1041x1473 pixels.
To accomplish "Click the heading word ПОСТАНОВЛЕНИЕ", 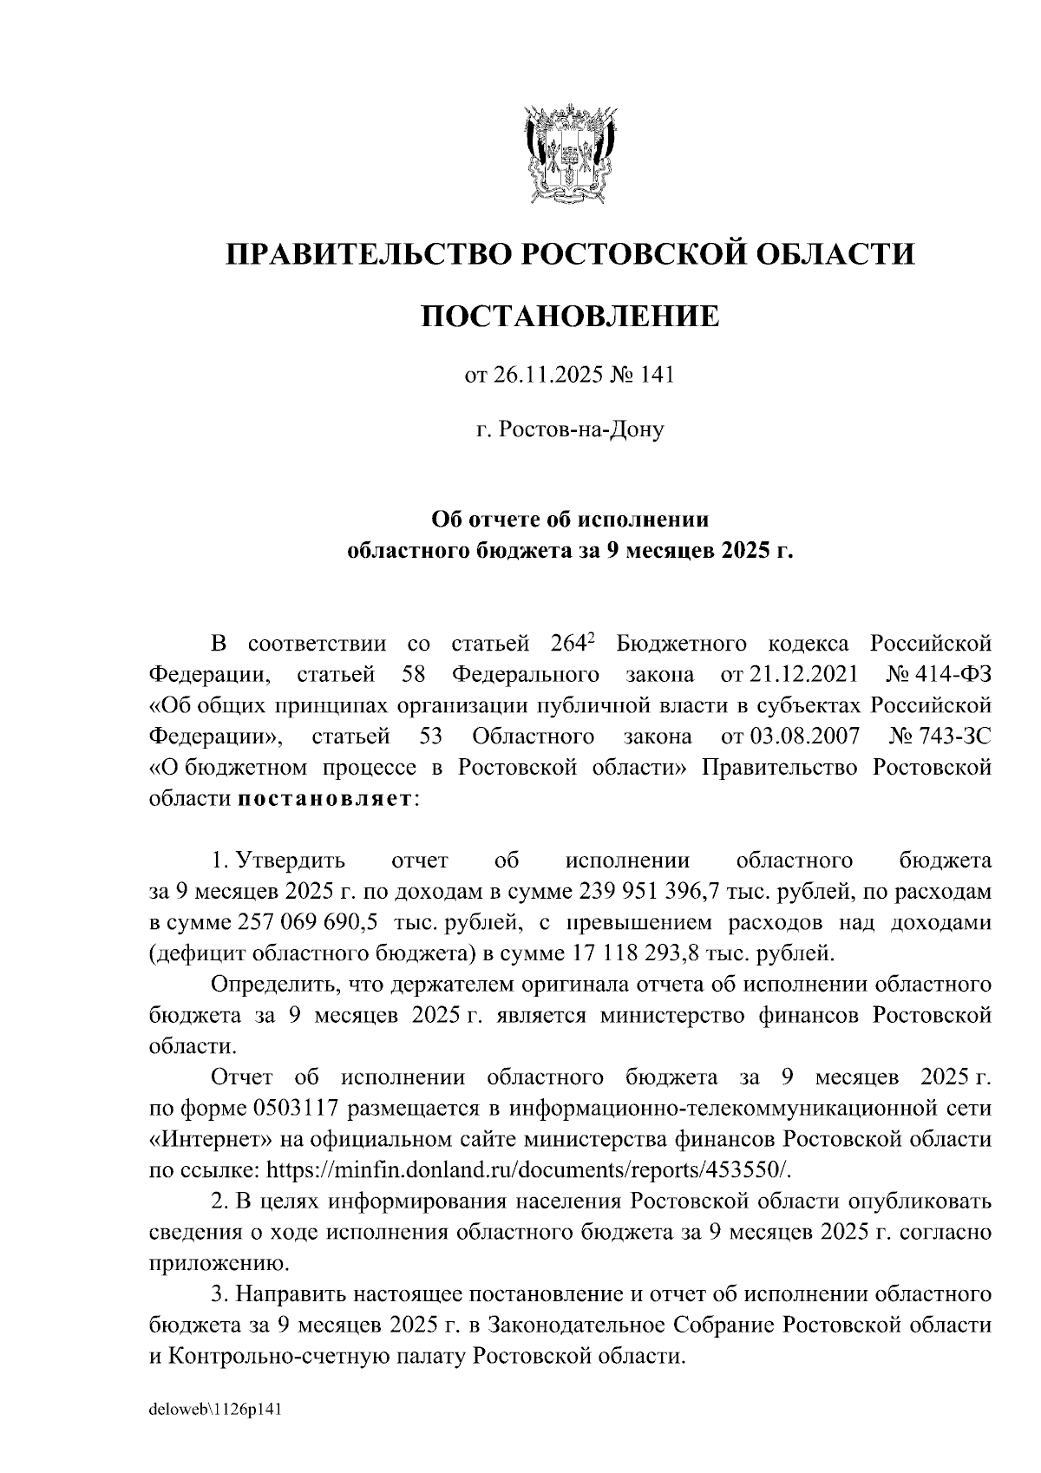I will [x=570, y=316].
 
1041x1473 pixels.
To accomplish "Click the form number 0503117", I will [x=299, y=1109].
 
